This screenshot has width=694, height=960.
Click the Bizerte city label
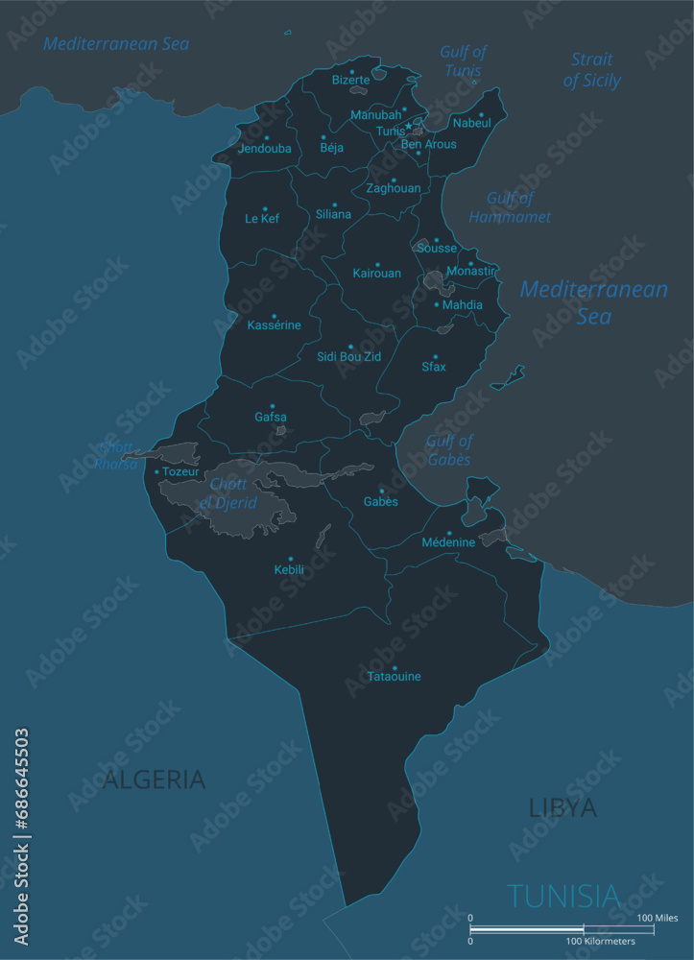(x=350, y=81)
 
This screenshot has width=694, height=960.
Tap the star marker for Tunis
(x=408, y=126)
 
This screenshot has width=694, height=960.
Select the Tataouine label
(x=394, y=677)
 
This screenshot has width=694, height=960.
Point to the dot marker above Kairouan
(x=377, y=264)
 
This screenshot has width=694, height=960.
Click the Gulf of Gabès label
(x=449, y=450)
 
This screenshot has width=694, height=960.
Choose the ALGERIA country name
(x=155, y=779)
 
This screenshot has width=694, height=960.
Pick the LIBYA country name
(x=562, y=808)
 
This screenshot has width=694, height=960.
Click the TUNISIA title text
(x=563, y=896)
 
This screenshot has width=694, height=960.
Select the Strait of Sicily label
(x=591, y=70)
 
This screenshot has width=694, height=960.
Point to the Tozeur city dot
(x=156, y=471)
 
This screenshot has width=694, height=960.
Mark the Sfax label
(x=434, y=367)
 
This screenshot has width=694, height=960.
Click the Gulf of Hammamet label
(x=510, y=208)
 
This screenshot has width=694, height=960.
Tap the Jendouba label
(x=264, y=149)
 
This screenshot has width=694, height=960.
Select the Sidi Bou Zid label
(x=349, y=357)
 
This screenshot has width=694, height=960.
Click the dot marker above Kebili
(x=291, y=559)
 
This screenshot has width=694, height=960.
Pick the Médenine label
(x=448, y=542)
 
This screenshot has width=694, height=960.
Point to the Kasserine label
(x=274, y=325)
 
